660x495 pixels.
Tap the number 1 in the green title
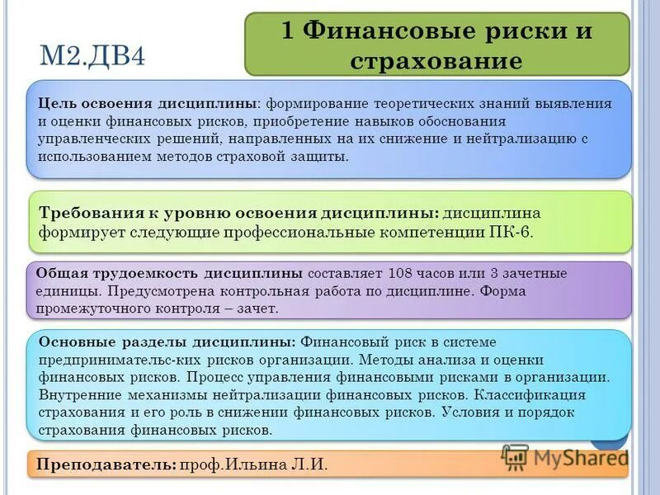click(x=288, y=31)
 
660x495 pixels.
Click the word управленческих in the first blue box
click(x=92, y=139)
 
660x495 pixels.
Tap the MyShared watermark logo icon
click(x=515, y=457)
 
